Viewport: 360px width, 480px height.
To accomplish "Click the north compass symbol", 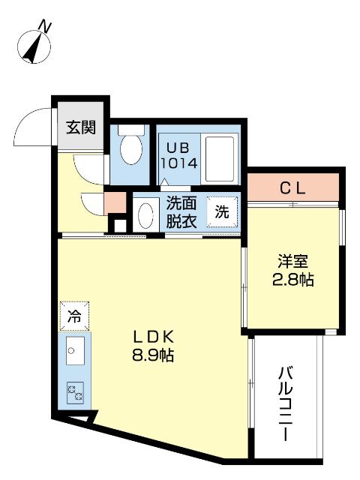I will (x=32, y=47).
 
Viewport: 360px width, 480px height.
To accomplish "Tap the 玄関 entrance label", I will (x=80, y=127).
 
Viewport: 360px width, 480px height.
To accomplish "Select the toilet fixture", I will (x=131, y=149).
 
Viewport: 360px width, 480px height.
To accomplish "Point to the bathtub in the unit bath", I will (x=219, y=158).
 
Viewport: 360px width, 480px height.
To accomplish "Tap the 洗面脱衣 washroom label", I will (x=181, y=211).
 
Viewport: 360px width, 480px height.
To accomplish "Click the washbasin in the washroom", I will (x=146, y=215).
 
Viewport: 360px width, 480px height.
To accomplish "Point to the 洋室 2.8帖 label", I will (x=292, y=271).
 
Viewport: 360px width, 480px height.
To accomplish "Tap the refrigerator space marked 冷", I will (x=73, y=316).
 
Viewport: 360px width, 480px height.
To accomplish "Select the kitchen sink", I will (x=74, y=351).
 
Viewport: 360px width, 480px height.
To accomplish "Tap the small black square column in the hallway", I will (x=117, y=224).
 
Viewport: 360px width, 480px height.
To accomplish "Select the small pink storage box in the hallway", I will (x=114, y=202).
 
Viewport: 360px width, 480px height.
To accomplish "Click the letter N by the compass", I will (x=47, y=26).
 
